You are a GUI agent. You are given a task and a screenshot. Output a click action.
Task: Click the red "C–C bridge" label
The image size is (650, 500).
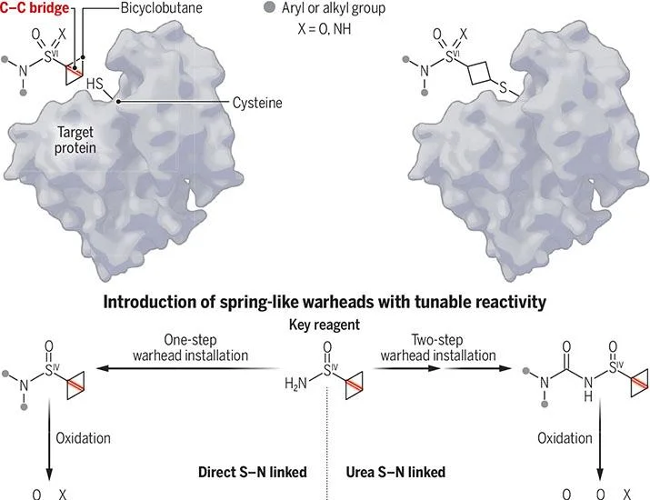pos(35,8)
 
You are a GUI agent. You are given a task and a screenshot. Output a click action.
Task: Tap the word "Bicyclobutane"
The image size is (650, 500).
pos(161,8)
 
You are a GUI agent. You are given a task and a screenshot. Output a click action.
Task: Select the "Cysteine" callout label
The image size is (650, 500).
pos(257,103)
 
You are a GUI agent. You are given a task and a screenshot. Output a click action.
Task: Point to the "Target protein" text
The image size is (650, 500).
pos(75,140)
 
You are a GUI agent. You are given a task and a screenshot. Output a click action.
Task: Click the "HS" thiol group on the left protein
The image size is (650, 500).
pos(95,85)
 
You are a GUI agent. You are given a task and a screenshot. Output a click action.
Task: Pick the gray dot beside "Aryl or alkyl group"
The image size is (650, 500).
pos(269,8)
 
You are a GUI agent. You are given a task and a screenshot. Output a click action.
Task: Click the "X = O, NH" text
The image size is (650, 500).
pos(325,28)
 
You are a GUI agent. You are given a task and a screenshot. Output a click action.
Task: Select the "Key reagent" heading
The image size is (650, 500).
pos(325,325)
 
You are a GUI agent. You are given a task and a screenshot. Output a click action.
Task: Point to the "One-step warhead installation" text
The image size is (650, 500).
pos(190,348)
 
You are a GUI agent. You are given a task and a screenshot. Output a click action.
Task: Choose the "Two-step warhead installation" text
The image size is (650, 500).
pos(438,348)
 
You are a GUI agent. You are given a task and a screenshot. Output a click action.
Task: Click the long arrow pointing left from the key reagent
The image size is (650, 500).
pos(188,368)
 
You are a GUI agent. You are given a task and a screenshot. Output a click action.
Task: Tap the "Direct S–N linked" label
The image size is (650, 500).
pos(253,472)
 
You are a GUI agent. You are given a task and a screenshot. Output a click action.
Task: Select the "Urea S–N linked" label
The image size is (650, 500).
pos(395,472)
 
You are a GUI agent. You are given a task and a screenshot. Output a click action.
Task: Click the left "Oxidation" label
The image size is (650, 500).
pos(83,438)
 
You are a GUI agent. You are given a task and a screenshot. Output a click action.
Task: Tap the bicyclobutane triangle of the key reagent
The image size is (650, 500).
pos(355,385)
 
